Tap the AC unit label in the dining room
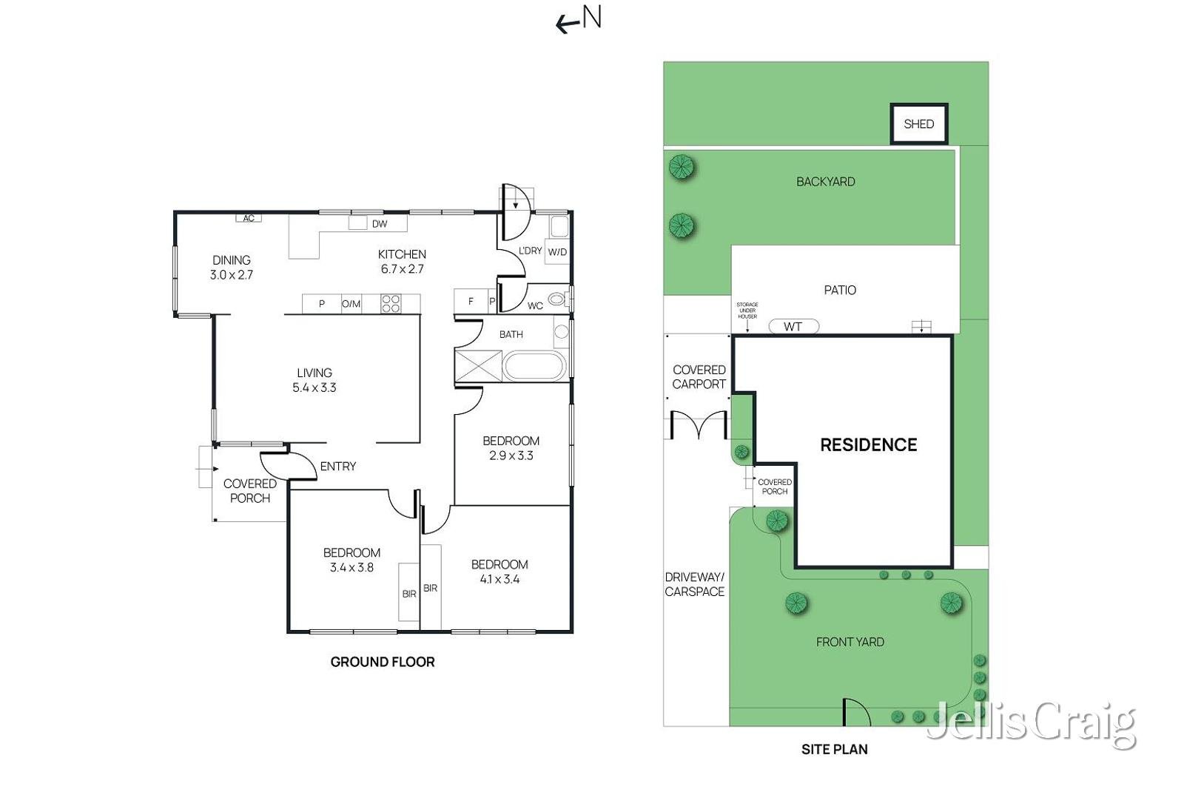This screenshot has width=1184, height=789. (x=249, y=218)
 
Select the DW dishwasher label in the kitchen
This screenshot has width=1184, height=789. (x=380, y=224)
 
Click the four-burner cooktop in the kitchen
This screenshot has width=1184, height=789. (x=391, y=304)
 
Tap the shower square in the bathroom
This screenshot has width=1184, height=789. (x=478, y=365)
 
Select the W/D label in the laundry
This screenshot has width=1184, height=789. (x=557, y=252)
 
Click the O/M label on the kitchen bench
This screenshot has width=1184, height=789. (x=351, y=304)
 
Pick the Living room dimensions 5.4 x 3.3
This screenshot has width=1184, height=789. (x=314, y=387)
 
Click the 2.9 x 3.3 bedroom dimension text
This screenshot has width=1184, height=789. (x=511, y=456)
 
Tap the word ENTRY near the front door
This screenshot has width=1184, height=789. (x=338, y=467)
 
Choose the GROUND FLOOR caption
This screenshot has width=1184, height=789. (x=383, y=662)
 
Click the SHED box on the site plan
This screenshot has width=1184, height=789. (x=919, y=123)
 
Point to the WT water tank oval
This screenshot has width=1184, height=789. (x=793, y=326)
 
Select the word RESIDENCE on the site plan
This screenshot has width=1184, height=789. (x=869, y=444)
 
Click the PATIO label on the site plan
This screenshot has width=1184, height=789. (x=840, y=290)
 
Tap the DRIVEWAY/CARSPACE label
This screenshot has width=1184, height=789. (x=695, y=584)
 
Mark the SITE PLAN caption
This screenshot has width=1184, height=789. (x=835, y=749)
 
